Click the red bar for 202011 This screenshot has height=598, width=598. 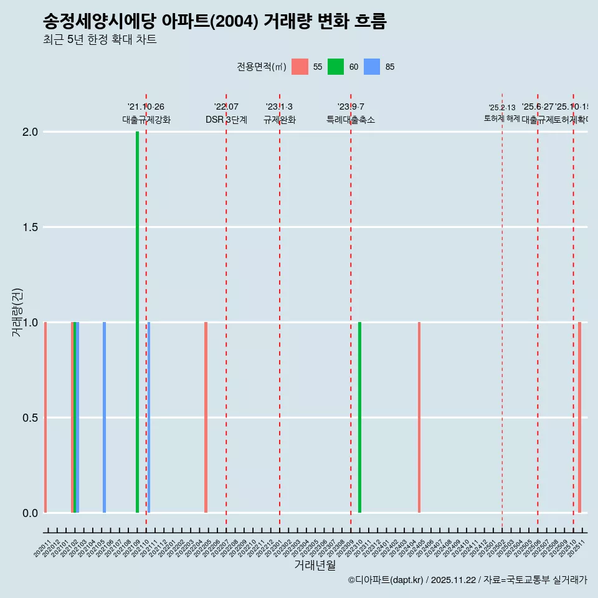point(45,417)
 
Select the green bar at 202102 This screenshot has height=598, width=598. point(75,417)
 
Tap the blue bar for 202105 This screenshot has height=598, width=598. point(104,417)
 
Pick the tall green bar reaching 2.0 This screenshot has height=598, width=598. point(137,322)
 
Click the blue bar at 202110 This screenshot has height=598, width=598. point(149,417)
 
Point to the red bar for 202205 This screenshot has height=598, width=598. point(206,417)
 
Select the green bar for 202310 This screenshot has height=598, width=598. point(359,417)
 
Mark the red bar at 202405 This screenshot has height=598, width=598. point(419,417)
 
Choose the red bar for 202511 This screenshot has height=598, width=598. point(579,417)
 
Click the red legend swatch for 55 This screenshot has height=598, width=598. point(300,67)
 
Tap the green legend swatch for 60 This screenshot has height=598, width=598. point(336,67)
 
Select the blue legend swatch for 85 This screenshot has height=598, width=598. point(372,67)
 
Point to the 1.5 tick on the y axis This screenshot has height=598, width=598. point(30,227)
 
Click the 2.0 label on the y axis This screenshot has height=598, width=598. point(30,132)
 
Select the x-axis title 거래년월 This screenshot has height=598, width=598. point(315,566)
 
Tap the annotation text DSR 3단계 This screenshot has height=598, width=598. point(226,120)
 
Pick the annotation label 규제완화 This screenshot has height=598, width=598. point(279,120)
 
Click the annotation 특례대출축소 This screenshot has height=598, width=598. point(350,120)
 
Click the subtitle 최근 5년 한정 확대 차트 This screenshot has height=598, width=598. point(100,40)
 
